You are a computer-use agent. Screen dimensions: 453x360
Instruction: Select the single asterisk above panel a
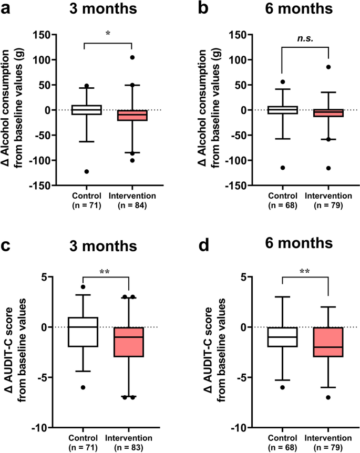pyautogui.click(x=107, y=33)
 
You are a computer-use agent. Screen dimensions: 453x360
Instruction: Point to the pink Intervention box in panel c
pyautogui.click(x=129, y=342)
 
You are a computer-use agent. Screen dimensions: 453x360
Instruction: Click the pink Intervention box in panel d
pyautogui.click(x=328, y=342)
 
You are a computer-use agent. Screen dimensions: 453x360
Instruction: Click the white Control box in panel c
pyautogui.click(x=84, y=332)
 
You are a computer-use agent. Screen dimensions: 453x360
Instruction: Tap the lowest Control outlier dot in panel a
pyautogui.click(x=86, y=171)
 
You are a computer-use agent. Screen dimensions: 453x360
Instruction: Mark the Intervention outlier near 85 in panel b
pyautogui.click(x=328, y=67)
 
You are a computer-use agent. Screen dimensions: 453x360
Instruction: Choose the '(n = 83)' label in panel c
pyautogui.click(x=129, y=448)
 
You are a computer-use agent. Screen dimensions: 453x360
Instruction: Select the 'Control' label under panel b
pyautogui.click(x=282, y=196)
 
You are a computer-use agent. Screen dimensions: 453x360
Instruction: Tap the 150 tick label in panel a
pyautogui.click(x=46, y=35)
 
